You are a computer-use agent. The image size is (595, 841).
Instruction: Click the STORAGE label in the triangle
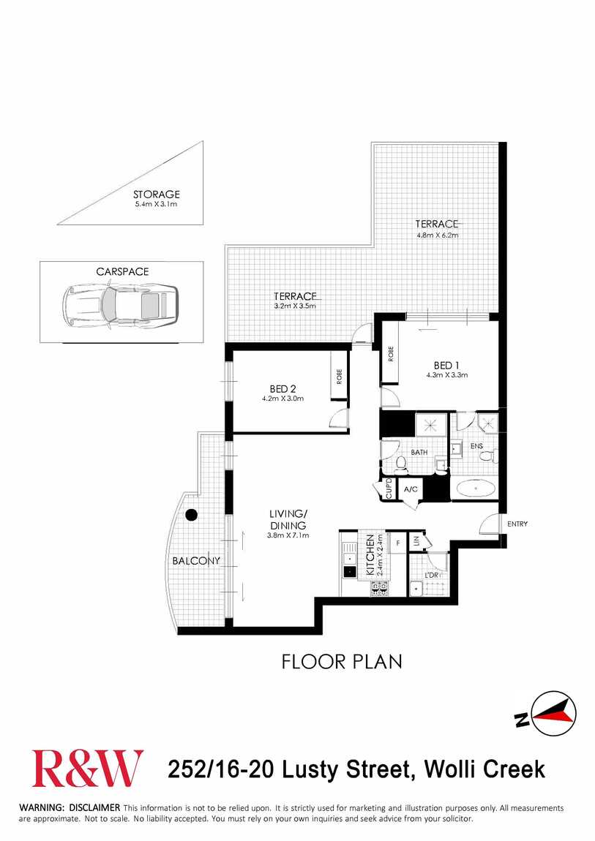click(156, 194)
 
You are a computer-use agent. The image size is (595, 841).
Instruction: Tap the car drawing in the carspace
click(120, 306)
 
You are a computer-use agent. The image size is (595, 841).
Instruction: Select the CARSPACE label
click(122, 271)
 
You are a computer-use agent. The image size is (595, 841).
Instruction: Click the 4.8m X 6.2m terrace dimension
click(437, 235)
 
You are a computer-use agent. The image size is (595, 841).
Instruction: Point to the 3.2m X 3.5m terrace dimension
click(295, 306)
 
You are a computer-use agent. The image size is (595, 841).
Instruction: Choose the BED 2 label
click(282, 389)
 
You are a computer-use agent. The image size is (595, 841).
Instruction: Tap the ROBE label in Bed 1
click(391, 354)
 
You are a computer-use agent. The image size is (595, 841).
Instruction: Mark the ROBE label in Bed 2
click(339, 377)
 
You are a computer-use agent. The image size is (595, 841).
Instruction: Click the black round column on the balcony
click(191, 515)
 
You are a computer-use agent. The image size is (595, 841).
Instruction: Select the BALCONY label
click(196, 560)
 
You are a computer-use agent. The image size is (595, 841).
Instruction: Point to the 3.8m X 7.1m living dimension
click(288, 535)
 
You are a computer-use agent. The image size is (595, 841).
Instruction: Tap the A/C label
click(411, 489)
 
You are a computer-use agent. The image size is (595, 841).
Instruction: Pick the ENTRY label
click(517, 524)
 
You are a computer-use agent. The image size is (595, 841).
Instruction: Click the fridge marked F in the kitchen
click(397, 543)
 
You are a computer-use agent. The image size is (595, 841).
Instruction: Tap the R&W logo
click(87, 769)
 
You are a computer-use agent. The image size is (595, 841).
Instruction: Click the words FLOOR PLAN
click(342, 662)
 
